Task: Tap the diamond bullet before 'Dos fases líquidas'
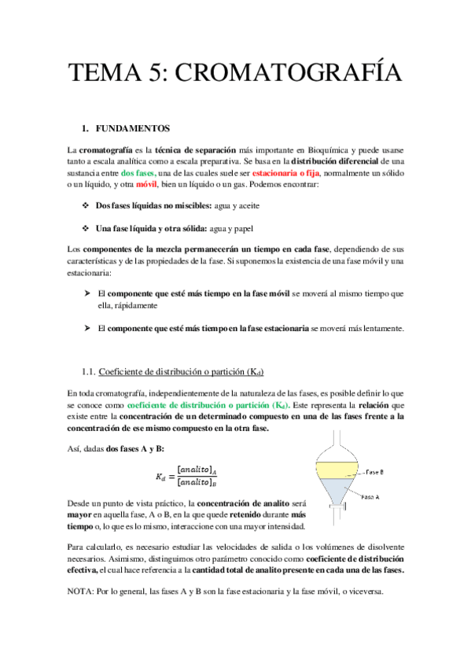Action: point(85,205)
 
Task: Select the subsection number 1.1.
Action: point(90,370)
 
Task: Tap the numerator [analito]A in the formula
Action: point(197,469)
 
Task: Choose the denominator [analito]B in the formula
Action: point(197,483)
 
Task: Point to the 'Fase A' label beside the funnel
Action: point(372,498)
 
